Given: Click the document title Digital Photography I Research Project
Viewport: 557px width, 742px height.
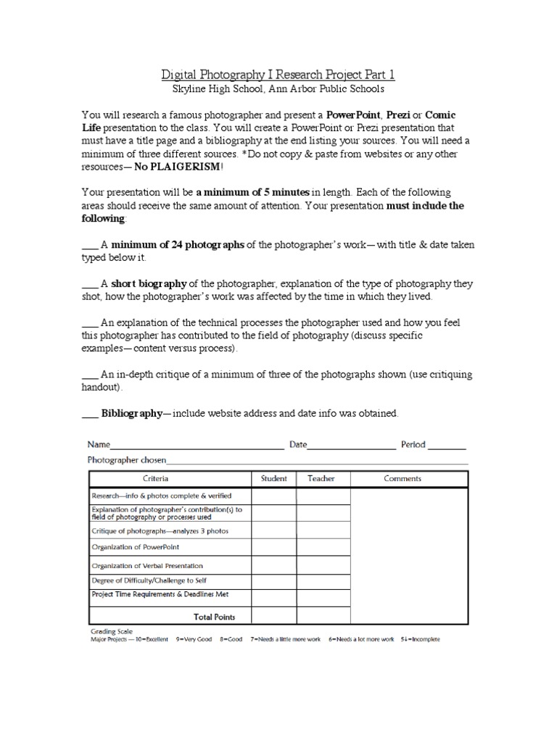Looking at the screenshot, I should (x=278, y=74).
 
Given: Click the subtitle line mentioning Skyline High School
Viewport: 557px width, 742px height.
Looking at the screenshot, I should (x=278, y=89).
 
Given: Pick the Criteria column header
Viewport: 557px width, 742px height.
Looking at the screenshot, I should (x=155, y=478).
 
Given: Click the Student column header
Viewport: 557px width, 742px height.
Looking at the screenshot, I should (x=273, y=478).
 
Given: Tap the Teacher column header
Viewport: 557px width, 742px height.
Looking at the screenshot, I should (x=320, y=478).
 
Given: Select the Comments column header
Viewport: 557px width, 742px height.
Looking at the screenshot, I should (x=403, y=478).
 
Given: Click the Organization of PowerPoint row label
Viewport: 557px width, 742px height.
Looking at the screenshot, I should (x=136, y=547).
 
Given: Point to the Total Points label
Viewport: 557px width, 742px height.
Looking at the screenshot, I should (x=214, y=617).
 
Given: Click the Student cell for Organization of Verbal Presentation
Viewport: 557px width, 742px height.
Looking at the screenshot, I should (x=273, y=565).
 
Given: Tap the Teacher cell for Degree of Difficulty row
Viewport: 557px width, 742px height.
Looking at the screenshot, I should (x=320, y=581).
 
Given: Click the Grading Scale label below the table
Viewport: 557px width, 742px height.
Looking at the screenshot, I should (x=112, y=631).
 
